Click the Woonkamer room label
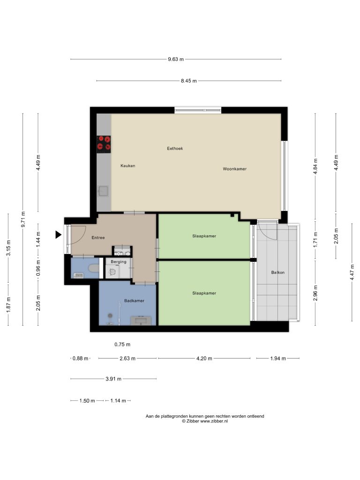[234, 169]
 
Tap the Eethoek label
[175, 149]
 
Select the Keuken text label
[127, 166]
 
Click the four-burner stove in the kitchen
[104, 144]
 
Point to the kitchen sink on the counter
[103, 191]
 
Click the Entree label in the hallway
[98, 238]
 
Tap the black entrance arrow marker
[58, 235]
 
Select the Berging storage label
[119, 262]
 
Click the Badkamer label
[134, 300]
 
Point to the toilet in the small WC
[94, 269]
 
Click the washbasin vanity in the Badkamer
[141, 321]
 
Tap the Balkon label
[277, 272]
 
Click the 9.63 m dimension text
[176, 60]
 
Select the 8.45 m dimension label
[188, 81]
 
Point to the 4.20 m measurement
[204, 359]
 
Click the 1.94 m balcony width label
[278, 359]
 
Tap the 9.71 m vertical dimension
[23, 219]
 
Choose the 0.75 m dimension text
[122, 345]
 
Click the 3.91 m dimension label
[113, 379]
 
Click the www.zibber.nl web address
[214, 421]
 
